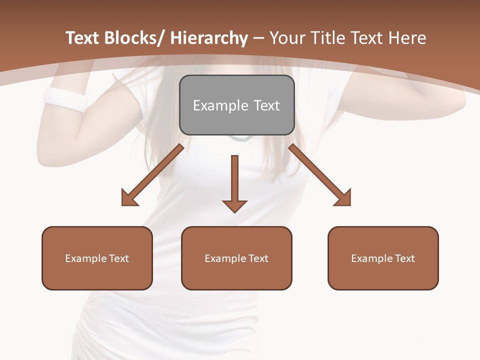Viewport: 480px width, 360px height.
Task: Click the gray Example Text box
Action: coord(236,105)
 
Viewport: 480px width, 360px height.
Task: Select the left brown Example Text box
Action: coord(97,258)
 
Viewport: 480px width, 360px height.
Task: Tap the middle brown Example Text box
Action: coord(236,258)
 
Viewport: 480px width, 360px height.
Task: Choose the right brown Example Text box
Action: coord(383,258)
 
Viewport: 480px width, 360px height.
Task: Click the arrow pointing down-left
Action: coord(152,175)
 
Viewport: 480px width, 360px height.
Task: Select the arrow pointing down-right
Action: coord(320,175)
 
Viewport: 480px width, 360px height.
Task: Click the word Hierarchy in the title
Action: coord(209,38)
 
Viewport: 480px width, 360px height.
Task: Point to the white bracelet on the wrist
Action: coord(65,99)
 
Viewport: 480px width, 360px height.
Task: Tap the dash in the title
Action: coord(258,38)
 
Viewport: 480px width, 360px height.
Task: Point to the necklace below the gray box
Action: coord(241,138)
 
